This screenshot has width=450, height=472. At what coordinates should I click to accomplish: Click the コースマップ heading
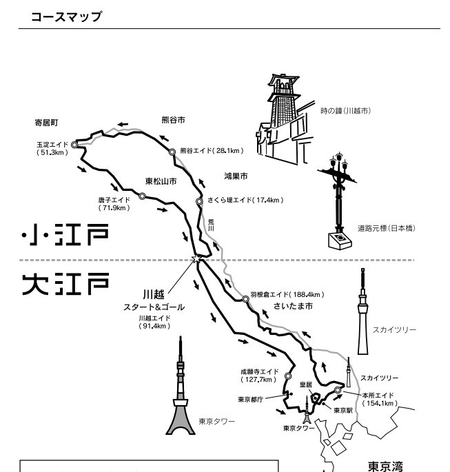(x=65, y=17)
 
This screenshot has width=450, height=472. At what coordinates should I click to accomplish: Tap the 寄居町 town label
(x=48, y=123)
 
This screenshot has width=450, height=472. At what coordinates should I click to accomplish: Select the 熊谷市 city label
(x=172, y=120)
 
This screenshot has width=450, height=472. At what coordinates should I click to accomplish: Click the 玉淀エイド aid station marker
(x=74, y=145)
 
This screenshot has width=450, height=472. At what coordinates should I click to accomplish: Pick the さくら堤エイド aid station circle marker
(x=199, y=201)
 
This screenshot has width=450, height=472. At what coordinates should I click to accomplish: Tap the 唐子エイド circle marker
(x=142, y=196)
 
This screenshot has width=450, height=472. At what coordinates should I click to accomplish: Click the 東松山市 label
(x=161, y=182)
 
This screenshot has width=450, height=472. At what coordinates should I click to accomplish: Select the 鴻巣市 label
(x=237, y=176)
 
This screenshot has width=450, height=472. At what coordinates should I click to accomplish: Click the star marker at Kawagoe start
(x=196, y=259)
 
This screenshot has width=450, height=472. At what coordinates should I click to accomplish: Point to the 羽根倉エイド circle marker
(x=245, y=299)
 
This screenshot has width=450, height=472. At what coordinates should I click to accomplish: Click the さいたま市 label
(x=293, y=305)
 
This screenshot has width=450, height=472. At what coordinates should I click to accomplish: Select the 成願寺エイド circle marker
(x=287, y=376)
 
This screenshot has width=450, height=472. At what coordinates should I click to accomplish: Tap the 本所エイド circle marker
(x=338, y=391)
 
